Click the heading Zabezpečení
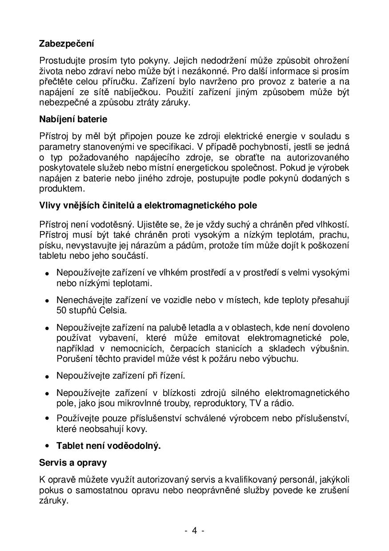(67, 44)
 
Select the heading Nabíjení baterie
(73, 120)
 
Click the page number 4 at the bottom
(194, 530)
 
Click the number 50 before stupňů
(61, 311)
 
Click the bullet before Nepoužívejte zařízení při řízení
(47, 376)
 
